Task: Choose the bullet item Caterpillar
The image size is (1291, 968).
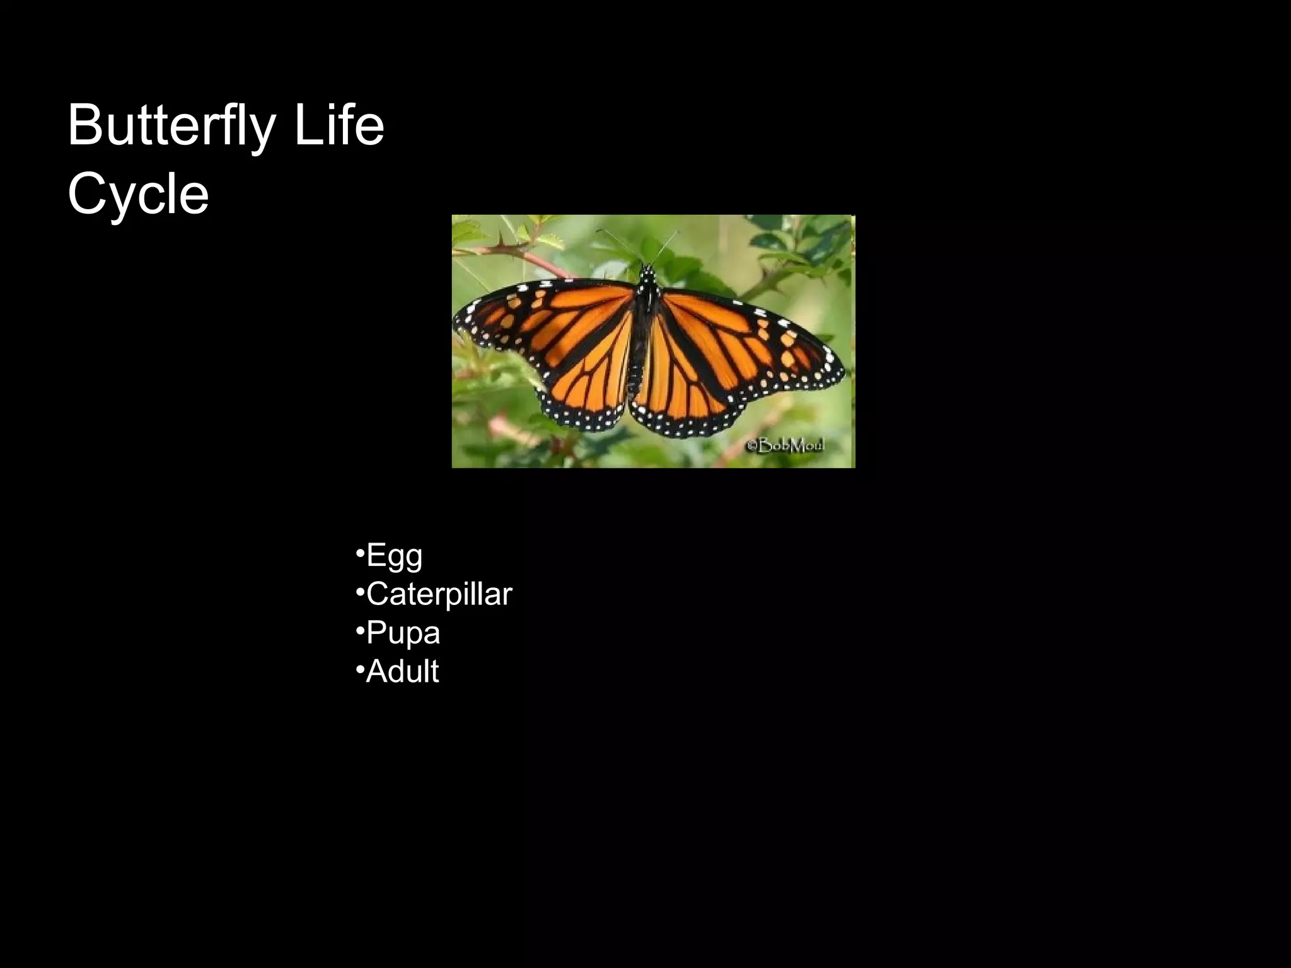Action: pos(439,595)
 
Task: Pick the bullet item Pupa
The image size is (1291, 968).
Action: pos(403,633)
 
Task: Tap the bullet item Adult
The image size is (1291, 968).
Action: pos(402,672)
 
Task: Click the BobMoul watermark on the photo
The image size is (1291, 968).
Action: pos(785,446)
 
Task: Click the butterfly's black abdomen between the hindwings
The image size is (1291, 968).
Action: pos(638,366)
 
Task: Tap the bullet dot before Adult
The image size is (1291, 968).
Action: pos(359,669)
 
